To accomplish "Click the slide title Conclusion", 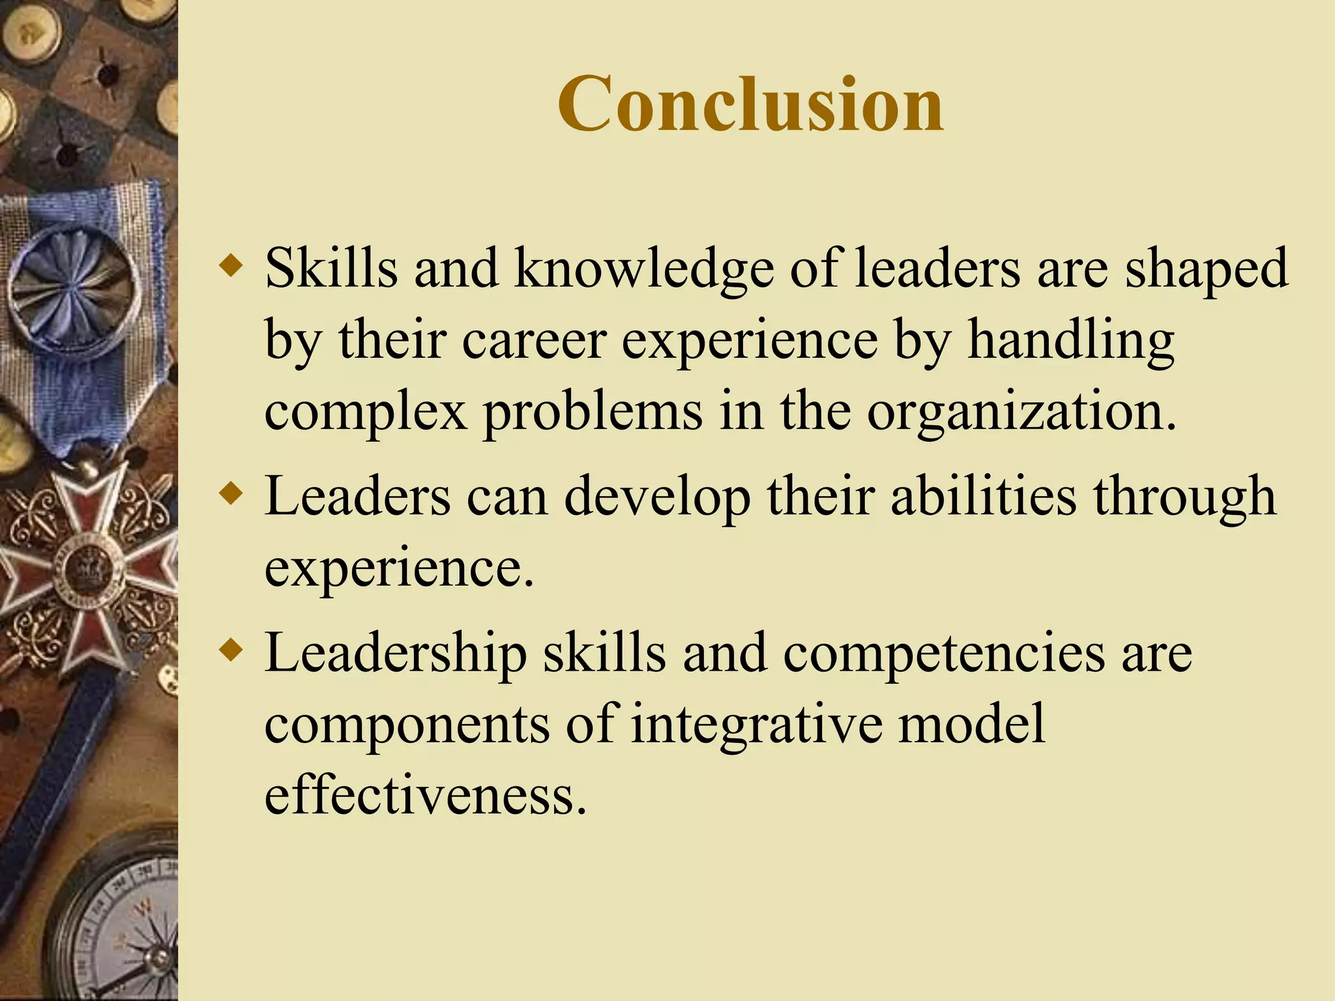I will click(750, 104).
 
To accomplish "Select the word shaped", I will click(1207, 268).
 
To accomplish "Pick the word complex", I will click(366, 411).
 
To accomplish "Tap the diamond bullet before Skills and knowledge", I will click(231, 267).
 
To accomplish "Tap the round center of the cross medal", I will click(89, 567).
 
